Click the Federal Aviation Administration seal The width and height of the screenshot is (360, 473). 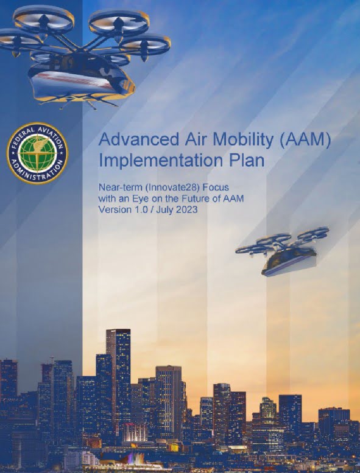tap(37, 153)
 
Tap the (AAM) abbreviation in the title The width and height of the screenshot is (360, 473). tap(305, 140)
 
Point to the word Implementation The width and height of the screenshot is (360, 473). tap(161, 161)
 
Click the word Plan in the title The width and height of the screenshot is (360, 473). tap(247, 160)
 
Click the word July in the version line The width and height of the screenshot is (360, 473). tap(164, 209)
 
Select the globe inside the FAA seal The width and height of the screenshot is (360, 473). tap(37, 153)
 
